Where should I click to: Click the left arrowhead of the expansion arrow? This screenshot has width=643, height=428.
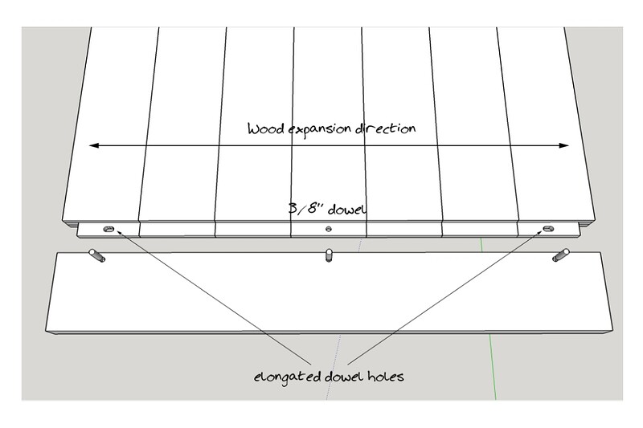[94, 145]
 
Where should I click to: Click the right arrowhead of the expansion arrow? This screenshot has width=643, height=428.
[564, 145]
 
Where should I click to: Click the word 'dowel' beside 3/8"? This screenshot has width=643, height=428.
[347, 210]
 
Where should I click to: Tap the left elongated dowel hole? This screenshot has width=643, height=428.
[109, 229]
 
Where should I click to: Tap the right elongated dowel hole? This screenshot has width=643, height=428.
[548, 229]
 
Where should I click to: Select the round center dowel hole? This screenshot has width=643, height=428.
[329, 229]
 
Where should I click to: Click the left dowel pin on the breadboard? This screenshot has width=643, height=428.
[97, 255]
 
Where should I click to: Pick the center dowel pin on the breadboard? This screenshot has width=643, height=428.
[329, 255]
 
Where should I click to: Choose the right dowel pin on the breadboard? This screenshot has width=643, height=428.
[560, 255]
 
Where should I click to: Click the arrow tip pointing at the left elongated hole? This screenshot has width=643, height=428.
[118, 232]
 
